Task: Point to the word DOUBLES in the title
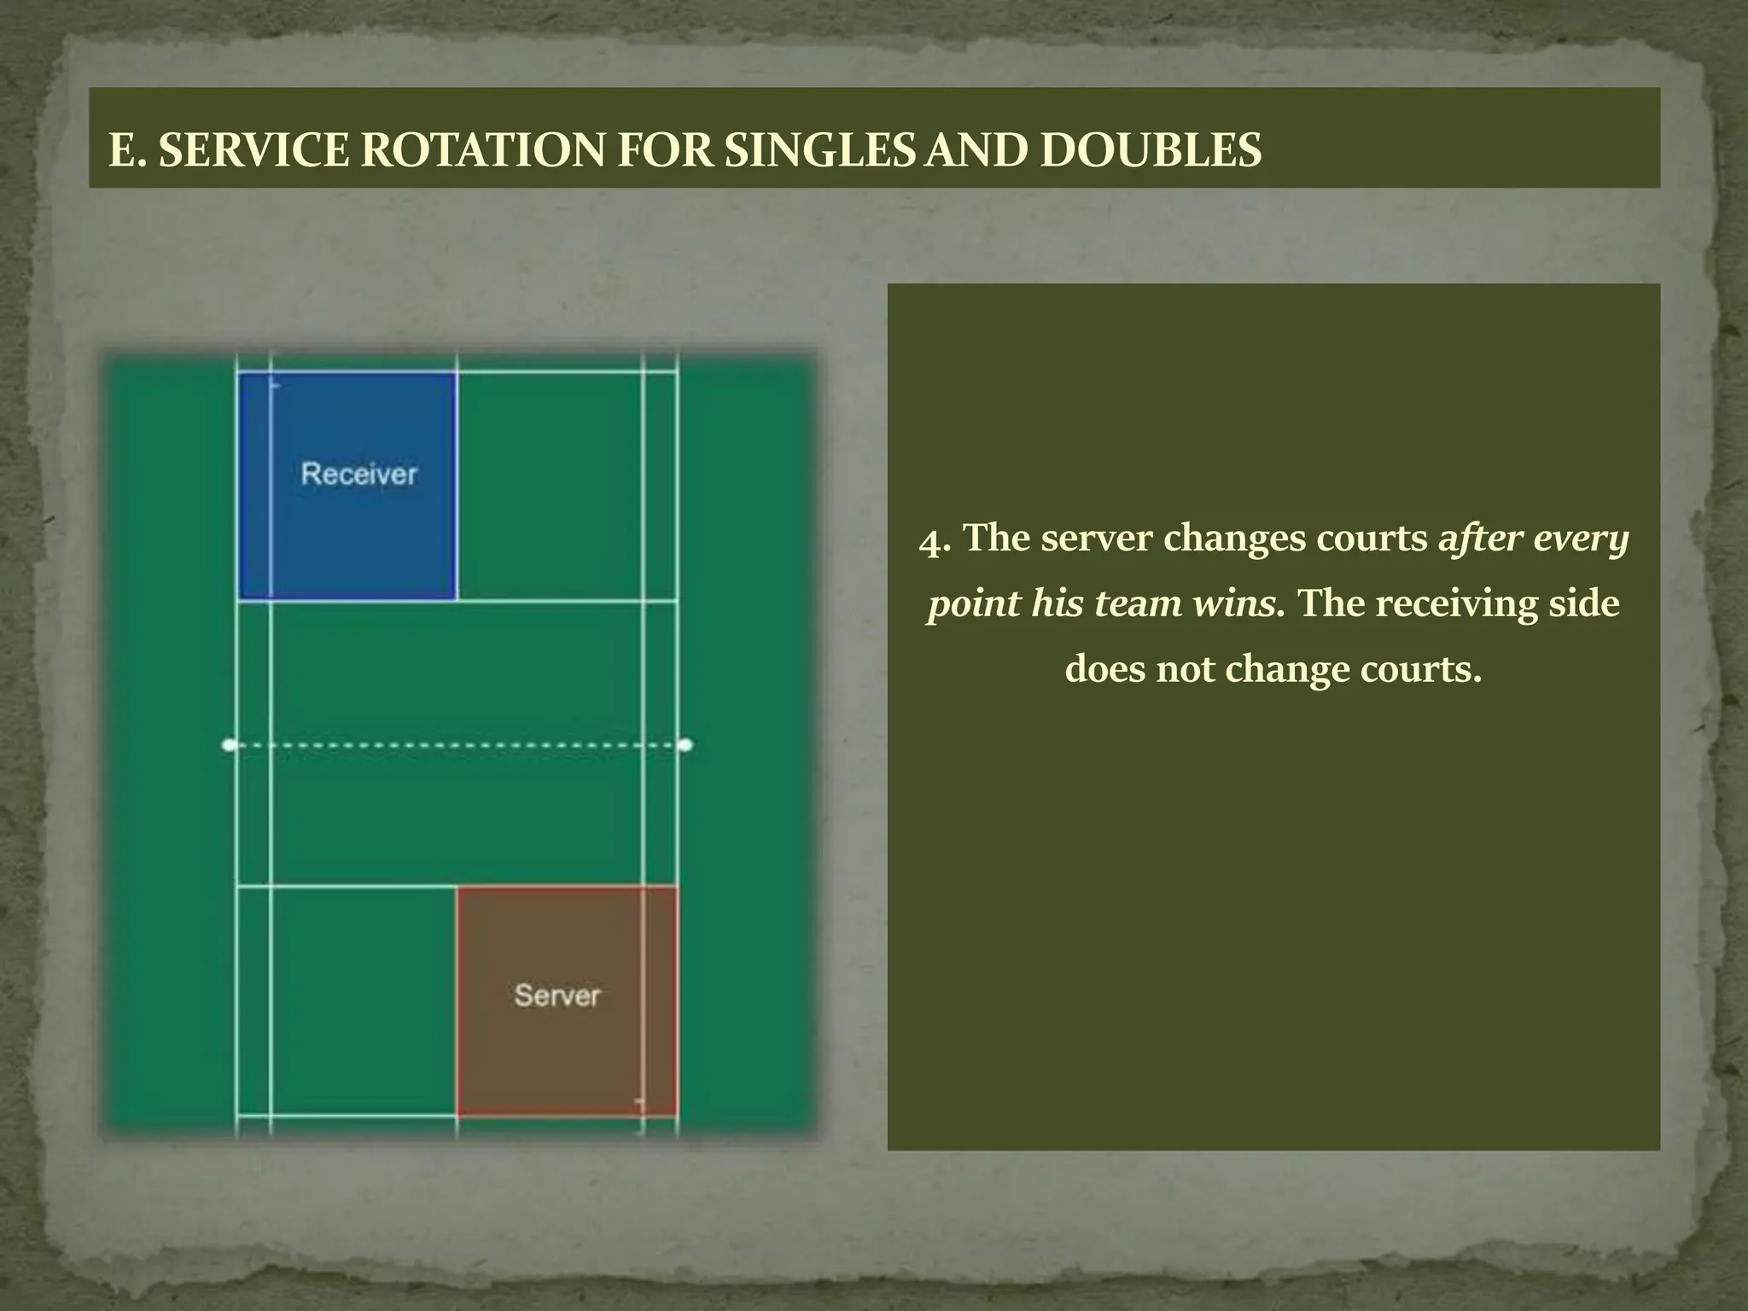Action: pyautogui.click(x=1151, y=151)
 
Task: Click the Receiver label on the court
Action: pyautogui.click(x=359, y=474)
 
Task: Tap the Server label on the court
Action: pyautogui.click(x=557, y=995)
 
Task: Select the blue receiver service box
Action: pyautogui.click(x=347, y=529)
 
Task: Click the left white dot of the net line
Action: pyautogui.click(x=229, y=745)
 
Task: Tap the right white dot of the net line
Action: pyautogui.click(x=685, y=745)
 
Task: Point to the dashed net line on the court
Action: pyautogui.click(x=457, y=745)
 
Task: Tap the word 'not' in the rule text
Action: pyautogui.click(x=1187, y=669)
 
